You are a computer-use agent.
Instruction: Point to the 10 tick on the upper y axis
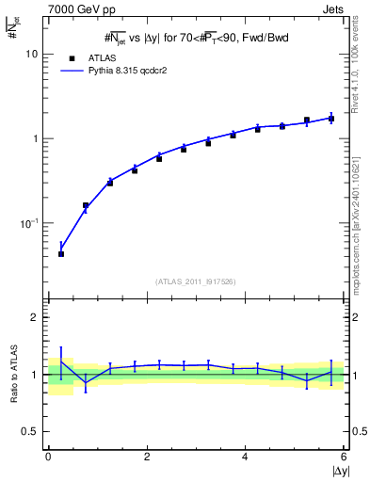(34, 54)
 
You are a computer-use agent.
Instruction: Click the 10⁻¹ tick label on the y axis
(31, 223)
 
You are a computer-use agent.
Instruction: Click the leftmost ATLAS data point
(61, 254)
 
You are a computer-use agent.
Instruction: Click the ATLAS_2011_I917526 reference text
(195, 281)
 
